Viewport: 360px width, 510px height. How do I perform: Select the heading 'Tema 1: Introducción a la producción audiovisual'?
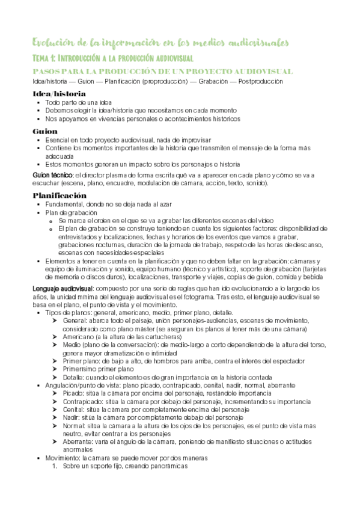click(x=112, y=59)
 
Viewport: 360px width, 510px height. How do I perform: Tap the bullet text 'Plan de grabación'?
click(x=71, y=212)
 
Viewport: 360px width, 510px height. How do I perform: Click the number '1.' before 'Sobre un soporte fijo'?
click(x=55, y=465)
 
